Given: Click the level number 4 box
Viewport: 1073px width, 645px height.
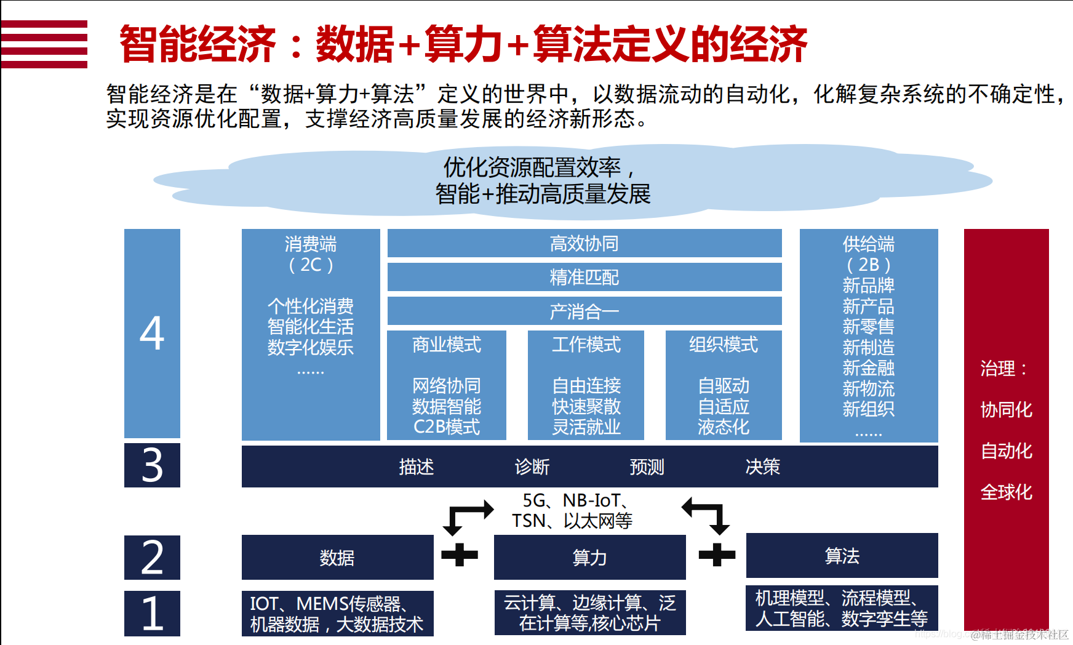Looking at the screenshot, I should (x=152, y=333).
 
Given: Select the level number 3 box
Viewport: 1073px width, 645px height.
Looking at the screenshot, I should (x=152, y=465).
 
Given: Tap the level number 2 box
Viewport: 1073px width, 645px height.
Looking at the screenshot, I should (x=152, y=558).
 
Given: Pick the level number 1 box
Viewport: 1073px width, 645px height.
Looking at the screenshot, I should (x=152, y=613).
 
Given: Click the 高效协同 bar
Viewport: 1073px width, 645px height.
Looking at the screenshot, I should (x=584, y=244).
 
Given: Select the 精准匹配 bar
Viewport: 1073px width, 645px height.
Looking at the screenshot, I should (x=584, y=277).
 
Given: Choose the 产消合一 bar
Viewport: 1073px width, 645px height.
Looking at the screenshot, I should (x=584, y=311).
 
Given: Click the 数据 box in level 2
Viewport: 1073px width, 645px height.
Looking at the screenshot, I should (x=337, y=558).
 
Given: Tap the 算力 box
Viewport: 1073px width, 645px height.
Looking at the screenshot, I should (x=589, y=558).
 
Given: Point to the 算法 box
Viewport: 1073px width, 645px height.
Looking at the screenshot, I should (x=842, y=556).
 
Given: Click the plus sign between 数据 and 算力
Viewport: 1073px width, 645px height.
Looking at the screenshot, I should (x=460, y=555).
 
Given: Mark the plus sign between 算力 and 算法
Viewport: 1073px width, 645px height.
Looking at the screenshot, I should (x=717, y=555).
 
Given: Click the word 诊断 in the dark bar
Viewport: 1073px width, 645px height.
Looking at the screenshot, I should (x=532, y=467).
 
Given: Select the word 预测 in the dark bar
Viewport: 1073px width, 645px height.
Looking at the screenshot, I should (x=647, y=467).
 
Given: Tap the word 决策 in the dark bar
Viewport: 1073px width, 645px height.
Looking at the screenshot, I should (x=763, y=467).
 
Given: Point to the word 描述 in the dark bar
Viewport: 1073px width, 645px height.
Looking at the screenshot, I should (x=417, y=467).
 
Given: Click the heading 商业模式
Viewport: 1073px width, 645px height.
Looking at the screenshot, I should (x=447, y=345).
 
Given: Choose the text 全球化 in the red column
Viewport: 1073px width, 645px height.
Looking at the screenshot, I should (x=1006, y=492).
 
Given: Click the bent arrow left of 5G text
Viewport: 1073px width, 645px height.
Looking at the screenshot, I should (x=468, y=516).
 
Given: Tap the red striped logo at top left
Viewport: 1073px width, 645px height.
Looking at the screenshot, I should (x=44, y=44).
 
